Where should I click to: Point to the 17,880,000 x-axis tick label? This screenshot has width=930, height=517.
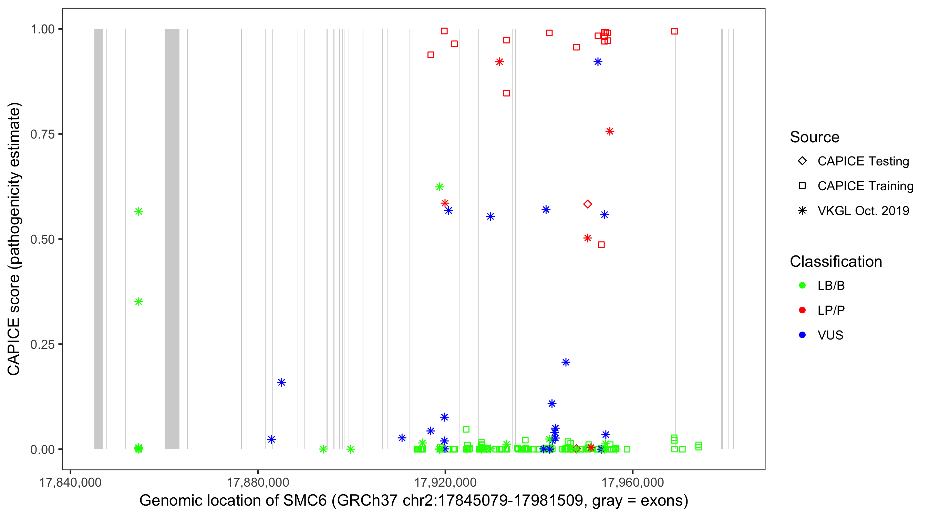click(x=258, y=482)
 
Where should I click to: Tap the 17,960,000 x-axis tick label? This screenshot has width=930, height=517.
click(x=633, y=482)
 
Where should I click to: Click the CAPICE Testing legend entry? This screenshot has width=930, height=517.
click(x=863, y=161)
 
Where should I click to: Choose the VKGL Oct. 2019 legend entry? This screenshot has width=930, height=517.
click(x=863, y=211)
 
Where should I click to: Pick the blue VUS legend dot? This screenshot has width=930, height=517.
click(x=802, y=335)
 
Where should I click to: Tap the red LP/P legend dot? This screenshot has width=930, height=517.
click(x=802, y=310)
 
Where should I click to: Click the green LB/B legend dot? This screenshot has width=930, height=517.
click(x=802, y=285)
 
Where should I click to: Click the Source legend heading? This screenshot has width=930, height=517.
click(x=815, y=137)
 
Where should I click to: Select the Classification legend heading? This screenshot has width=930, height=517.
click(x=836, y=262)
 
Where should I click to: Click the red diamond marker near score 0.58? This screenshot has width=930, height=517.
click(x=587, y=204)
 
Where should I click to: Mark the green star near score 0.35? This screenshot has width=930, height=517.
click(x=138, y=302)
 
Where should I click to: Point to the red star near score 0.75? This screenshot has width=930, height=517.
click(x=610, y=131)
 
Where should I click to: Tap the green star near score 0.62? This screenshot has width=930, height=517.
click(x=440, y=187)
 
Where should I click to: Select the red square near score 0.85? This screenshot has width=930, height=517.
click(x=507, y=93)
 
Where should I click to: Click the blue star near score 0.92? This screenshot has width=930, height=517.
click(x=598, y=62)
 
